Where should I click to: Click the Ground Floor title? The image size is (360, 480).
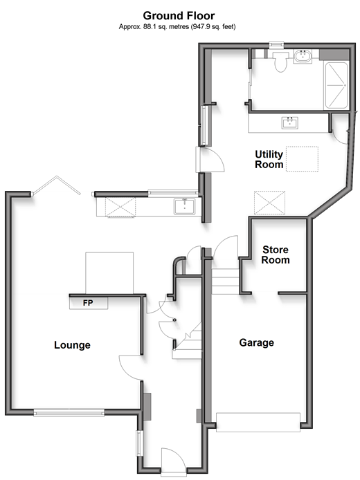(179, 15)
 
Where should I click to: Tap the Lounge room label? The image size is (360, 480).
(72, 345)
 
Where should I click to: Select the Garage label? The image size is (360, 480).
(256, 342)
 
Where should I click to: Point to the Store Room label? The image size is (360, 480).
(276, 255)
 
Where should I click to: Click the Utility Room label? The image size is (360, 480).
(269, 159)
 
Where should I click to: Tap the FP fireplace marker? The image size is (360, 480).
(88, 303)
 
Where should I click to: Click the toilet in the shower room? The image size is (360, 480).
(280, 62)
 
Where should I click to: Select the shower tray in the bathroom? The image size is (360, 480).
(336, 85)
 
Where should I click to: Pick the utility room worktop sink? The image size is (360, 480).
(289, 122)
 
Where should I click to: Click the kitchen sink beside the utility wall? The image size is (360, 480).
(184, 206)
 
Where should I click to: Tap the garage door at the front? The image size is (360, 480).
(258, 422)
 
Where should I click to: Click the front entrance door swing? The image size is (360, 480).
(173, 461)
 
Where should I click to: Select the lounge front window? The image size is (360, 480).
(69, 414)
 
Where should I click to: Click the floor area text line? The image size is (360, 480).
(177, 27)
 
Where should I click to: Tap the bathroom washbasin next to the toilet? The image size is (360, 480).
(303, 57)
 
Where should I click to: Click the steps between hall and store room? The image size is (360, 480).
(225, 281)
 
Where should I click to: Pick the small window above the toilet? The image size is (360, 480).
(276, 45)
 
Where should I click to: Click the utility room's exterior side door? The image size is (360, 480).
(211, 159)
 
